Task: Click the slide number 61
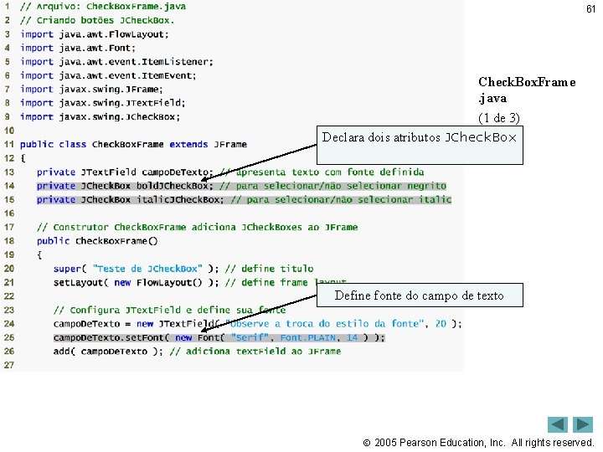coord(590,9)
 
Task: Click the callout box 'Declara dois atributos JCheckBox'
coord(420,137)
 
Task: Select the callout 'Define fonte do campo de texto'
coord(419,295)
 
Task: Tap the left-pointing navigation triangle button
coord(559,424)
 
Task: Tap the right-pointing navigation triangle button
coord(584,424)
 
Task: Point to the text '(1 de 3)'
coord(499,118)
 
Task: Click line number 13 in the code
coord(9,172)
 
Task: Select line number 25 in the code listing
coord(9,337)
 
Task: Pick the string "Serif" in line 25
coord(250,337)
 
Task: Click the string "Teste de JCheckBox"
coord(147,269)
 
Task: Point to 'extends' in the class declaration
coord(188,144)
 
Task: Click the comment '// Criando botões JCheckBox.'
coord(97,20)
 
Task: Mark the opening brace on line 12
coord(23,158)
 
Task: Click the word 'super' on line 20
coord(67,269)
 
